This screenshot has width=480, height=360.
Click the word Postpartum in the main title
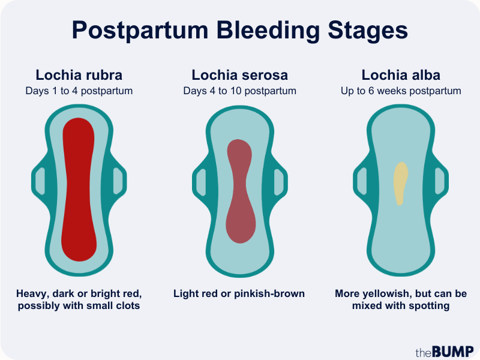tap(140, 31)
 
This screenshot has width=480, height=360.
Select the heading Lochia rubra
tap(79, 75)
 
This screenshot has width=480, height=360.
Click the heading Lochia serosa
tap(239, 75)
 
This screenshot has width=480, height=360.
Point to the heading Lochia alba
tap(401, 75)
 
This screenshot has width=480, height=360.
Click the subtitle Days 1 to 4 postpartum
tap(79, 91)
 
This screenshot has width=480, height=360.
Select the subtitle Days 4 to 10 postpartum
tap(239, 91)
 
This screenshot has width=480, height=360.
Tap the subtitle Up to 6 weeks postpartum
tap(401, 91)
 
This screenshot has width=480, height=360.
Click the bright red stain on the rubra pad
tap(79, 190)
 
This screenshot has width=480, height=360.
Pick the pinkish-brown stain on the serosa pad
tap(241, 191)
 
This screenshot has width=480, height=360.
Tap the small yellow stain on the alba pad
tap(400, 183)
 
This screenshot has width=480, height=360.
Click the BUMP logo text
tap(453, 352)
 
